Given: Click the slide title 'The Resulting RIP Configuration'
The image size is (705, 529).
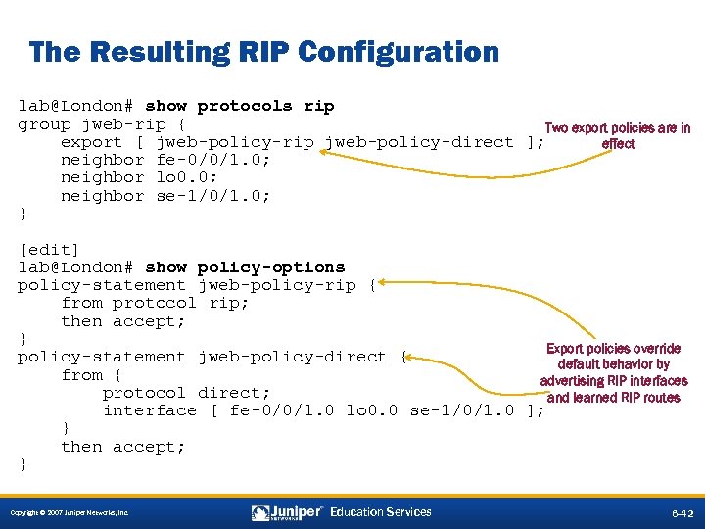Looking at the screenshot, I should pos(263,52).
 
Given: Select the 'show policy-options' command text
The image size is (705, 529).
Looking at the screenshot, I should pos(245,267).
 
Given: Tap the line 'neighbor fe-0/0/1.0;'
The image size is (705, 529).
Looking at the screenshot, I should pos(165,160).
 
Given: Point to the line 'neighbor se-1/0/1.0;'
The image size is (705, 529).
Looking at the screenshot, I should pos(165,196).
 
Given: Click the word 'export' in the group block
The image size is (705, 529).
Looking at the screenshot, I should pos(91,142).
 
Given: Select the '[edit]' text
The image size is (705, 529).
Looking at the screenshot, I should pos(49,250).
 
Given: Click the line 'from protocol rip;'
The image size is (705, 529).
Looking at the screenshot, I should pos(155,303).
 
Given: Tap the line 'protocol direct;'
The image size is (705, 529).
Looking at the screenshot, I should pos(186,393).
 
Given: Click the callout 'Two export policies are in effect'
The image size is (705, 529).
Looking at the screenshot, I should pos(617,135).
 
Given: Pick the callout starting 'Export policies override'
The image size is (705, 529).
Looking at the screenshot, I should pos(613,372).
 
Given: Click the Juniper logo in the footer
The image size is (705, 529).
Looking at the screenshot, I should pos(287,512).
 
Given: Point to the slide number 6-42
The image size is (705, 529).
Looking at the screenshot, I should pos(681,512).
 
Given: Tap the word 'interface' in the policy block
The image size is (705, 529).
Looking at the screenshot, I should pos(150,410).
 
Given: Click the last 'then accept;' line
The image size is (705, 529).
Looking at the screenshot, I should pos(122,447).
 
